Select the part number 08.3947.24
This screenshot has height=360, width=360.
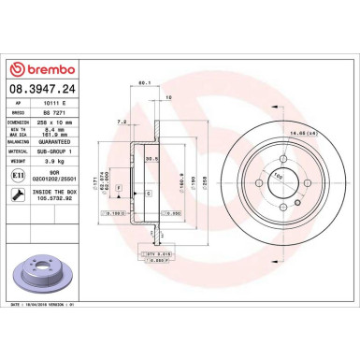44,89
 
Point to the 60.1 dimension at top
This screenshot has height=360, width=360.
144,83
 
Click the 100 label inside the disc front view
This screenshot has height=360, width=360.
276,176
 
